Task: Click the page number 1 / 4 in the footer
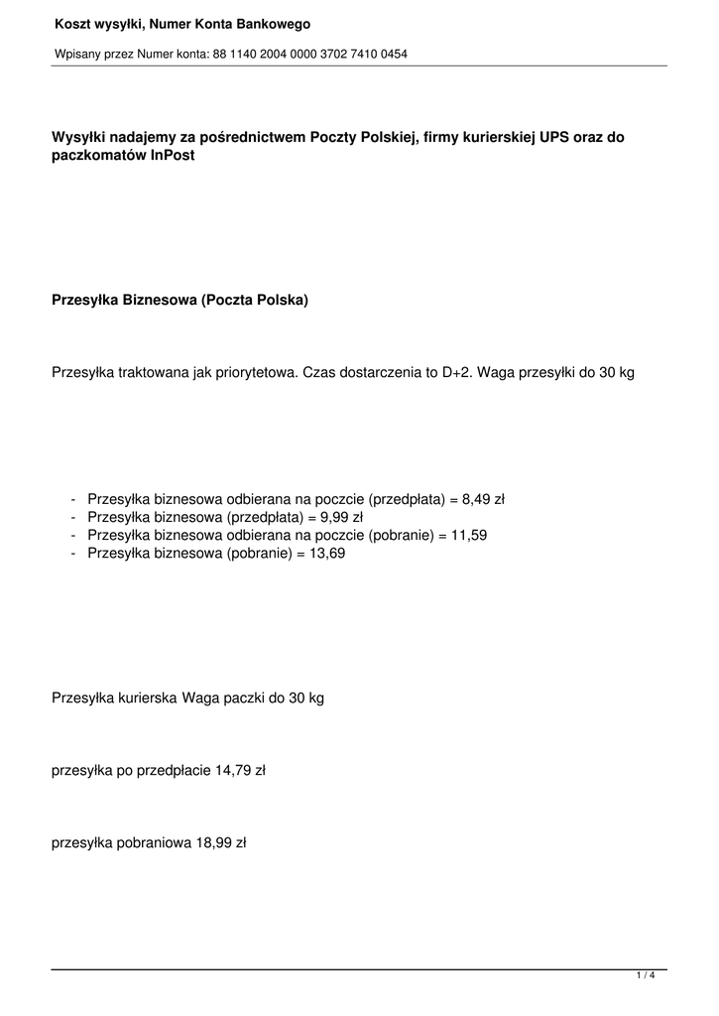(646, 976)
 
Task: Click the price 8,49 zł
(483, 499)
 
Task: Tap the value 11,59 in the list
(465, 535)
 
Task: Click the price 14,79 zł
(241, 769)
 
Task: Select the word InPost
(173, 156)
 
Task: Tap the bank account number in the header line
(309, 54)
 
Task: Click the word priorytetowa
(251, 372)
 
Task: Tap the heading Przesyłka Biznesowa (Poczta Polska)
(180, 299)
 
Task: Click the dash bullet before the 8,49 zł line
(74, 499)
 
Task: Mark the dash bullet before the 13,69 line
(74, 553)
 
